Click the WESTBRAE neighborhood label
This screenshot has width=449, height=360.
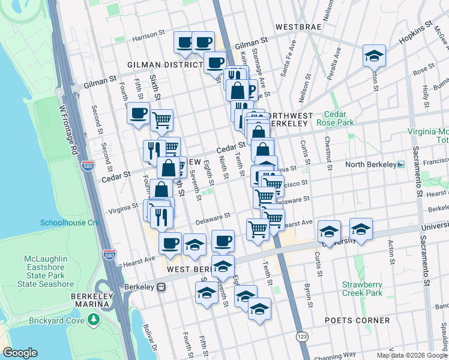298,27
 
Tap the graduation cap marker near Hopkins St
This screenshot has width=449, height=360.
374,56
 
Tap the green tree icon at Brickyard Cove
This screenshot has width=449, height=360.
93,320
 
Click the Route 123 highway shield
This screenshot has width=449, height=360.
300,338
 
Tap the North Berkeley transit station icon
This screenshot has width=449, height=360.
401,164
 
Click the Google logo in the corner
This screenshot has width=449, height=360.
20,353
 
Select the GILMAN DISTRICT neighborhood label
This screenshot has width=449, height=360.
166,64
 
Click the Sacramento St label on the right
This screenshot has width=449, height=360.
415,175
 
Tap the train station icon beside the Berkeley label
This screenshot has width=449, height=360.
161,287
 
